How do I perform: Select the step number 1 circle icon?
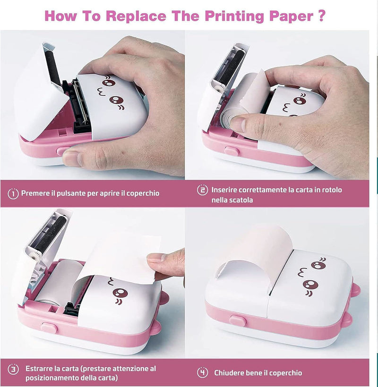coord(13,193)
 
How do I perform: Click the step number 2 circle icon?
coord(202,190)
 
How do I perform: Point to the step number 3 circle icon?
coord(13,368)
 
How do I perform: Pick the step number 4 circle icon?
coord(202,372)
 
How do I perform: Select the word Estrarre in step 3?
coord(37,368)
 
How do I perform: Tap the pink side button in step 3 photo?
coord(49,328)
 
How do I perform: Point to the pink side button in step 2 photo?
coord(232,151)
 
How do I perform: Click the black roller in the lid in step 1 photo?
coord(51,66)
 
